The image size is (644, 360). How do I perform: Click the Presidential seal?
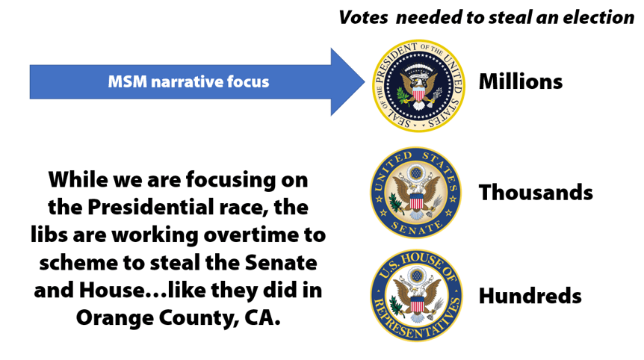pos(418,85)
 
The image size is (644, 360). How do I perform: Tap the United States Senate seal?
pos(416,193)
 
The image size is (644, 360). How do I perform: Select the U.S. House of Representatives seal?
pos(416,296)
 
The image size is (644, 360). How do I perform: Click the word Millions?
pos(521,81)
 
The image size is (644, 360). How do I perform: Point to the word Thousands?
pos(536,192)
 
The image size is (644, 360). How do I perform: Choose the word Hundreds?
pos(530,296)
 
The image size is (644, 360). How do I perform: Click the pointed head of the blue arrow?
pos(365,81)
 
